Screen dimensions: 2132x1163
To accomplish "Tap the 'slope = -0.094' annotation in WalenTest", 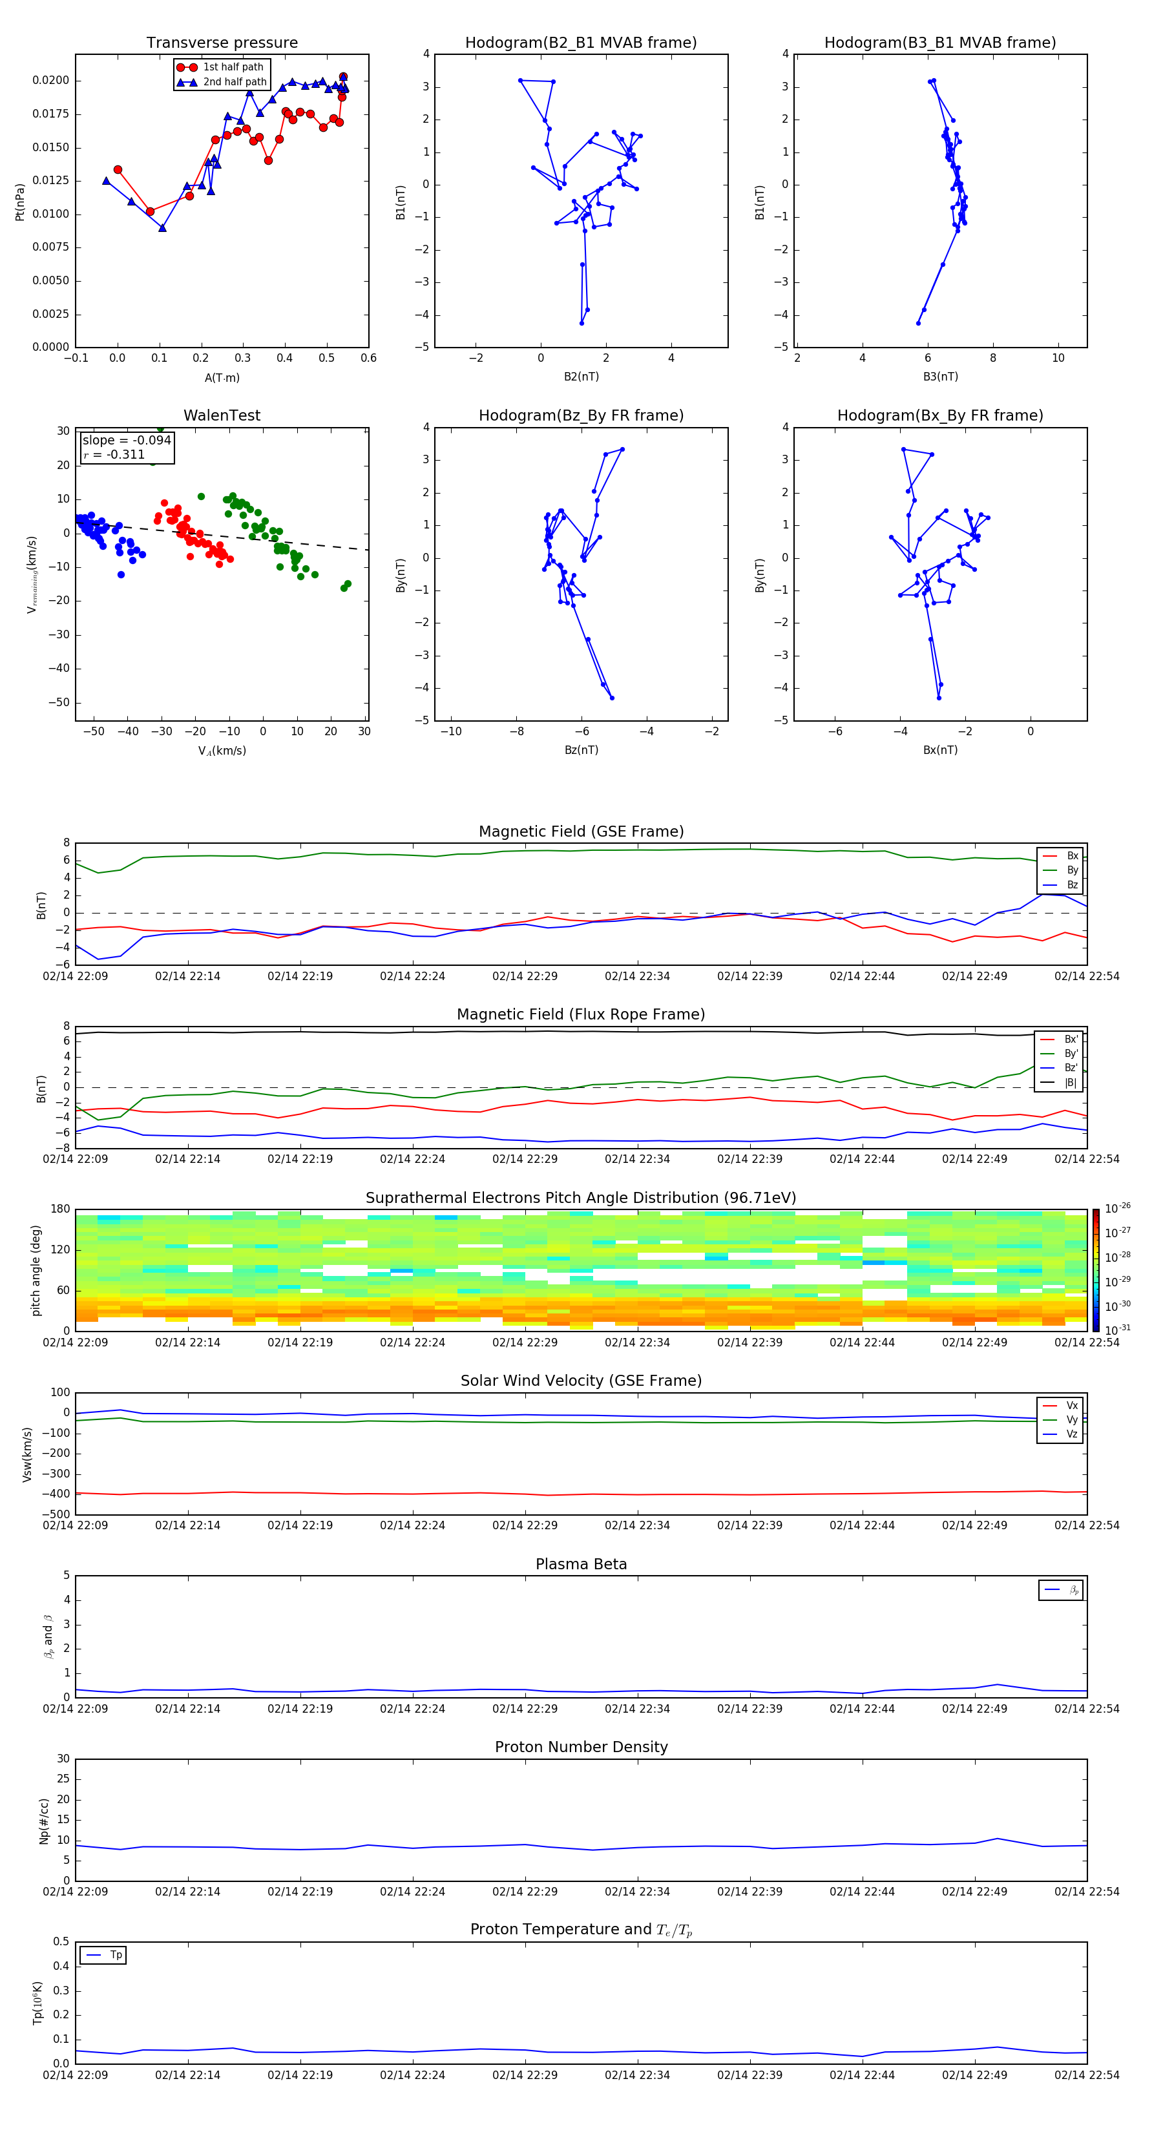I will click(127, 441).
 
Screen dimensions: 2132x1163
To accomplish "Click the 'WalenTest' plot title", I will click(222, 415).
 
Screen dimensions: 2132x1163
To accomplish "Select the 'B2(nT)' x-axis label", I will click(581, 377).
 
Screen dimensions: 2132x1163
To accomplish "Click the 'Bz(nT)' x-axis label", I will click(581, 750).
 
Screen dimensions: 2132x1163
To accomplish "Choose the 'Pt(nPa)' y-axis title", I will click(20, 201).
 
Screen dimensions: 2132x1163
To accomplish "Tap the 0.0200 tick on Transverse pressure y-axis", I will click(50, 80).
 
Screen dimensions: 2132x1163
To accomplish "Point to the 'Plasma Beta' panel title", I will click(580, 1564).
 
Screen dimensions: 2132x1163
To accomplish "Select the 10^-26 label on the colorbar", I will click(1116, 1208).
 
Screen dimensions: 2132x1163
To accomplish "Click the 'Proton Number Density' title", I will click(580, 1747).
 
